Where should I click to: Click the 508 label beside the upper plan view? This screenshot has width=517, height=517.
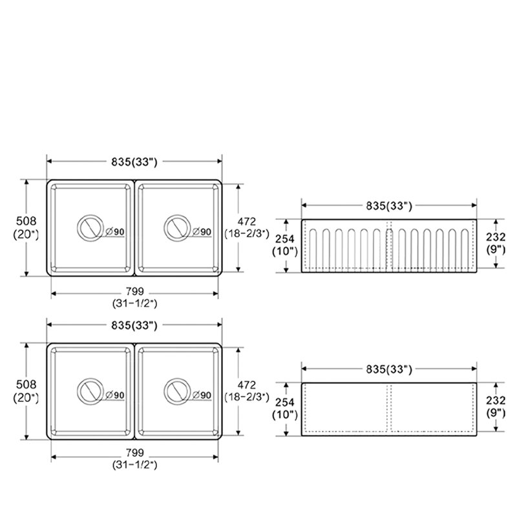[x=26, y=221]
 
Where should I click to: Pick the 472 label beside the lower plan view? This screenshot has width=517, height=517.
[x=247, y=385]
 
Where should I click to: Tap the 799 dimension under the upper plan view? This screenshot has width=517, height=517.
[x=135, y=291]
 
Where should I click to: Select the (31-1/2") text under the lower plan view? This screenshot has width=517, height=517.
[x=135, y=465]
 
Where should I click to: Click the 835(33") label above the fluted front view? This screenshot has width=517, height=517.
[x=389, y=206]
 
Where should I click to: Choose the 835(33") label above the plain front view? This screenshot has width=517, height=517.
[x=389, y=369]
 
